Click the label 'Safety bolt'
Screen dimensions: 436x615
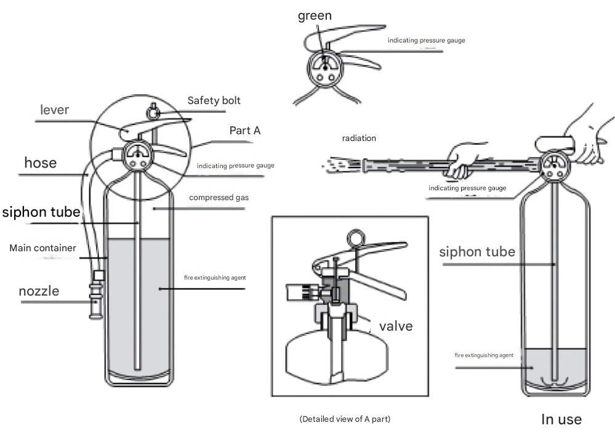(214, 100)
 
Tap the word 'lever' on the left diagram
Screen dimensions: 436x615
(55, 110)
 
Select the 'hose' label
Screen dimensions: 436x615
(40, 163)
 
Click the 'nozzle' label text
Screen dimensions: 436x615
(39, 291)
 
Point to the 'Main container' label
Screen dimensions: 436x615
(42, 248)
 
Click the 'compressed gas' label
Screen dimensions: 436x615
(219, 198)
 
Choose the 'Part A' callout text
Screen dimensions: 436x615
(245, 131)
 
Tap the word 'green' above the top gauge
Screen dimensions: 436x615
(315, 16)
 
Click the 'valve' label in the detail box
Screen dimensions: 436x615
(395, 326)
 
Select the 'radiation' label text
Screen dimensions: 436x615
(359, 139)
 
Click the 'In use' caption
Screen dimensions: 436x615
(561, 419)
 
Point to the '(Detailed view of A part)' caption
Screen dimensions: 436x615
(345, 419)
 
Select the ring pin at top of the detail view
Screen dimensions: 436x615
(355, 236)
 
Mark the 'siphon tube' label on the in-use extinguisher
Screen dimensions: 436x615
(477, 252)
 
